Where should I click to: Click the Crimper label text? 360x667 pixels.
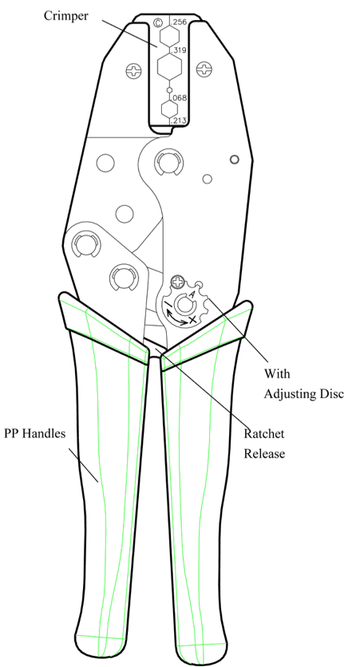[x=66, y=16]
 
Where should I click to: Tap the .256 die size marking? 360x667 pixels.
[x=180, y=22]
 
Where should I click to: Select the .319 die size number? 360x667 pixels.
[x=179, y=50]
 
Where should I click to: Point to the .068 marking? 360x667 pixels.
[x=180, y=98]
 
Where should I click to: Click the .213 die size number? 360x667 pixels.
[x=179, y=121]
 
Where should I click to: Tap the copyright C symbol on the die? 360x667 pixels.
[x=158, y=22]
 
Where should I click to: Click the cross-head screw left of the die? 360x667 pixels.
[x=134, y=71]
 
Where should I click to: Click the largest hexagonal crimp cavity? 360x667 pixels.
[x=169, y=67]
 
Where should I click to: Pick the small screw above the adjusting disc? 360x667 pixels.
[x=177, y=282]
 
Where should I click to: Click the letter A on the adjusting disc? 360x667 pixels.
[x=192, y=294]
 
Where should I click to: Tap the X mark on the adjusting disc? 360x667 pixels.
[x=192, y=318]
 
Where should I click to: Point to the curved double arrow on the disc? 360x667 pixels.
[x=176, y=319]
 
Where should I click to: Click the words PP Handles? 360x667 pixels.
[x=35, y=434]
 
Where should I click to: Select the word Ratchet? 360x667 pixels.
[x=264, y=434]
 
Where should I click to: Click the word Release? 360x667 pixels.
[x=264, y=453]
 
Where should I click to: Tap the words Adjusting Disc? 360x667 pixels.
[x=304, y=394]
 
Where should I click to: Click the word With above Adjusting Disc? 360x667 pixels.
[x=277, y=374]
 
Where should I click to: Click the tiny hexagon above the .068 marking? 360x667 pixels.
[x=169, y=89]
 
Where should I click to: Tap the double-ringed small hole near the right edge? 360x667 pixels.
[x=235, y=160]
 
